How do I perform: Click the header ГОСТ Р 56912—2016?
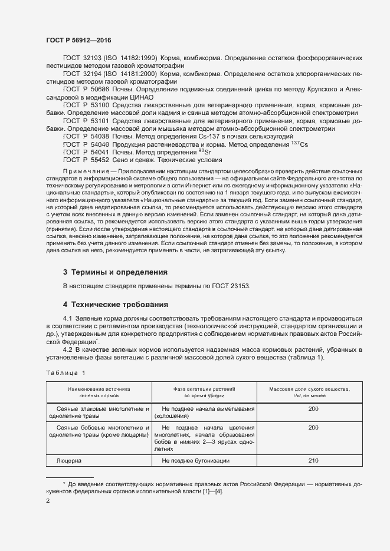click(78, 40)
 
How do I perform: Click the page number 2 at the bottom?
click(48, 501)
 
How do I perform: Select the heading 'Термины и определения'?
click(115, 272)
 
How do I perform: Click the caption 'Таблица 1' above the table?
click(65, 372)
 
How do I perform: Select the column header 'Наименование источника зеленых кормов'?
click(99, 392)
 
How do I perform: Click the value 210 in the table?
click(313, 460)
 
